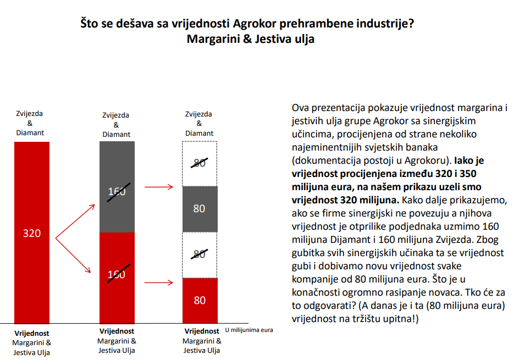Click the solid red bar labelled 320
click(x=32, y=233)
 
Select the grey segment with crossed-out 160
click(x=117, y=187)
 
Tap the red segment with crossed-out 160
click(x=117, y=278)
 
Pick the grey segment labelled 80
click(x=200, y=209)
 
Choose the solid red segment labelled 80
click(x=200, y=301)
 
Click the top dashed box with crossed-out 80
click(x=200, y=163)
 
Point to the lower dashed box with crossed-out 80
click(x=200, y=254)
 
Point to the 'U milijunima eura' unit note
click(x=249, y=330)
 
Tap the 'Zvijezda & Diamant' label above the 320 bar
click(x=30, y=123)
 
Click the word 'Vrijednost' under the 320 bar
click(x=32, y=333)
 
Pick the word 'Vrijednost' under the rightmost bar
click(x=202, y=331)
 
